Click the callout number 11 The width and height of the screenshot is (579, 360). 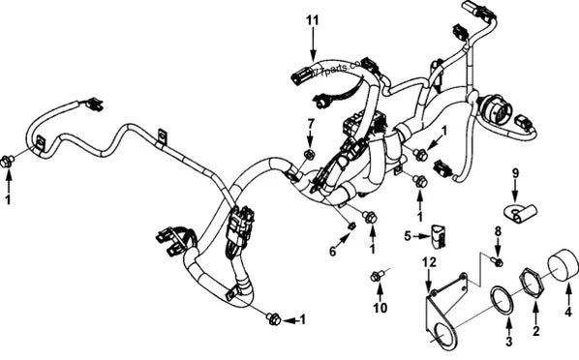pyautogui.click(x=312, y=19)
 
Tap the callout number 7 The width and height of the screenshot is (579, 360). pyautogui.click(x=310, y=124)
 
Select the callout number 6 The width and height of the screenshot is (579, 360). pyautogui.click(x=332, y=253)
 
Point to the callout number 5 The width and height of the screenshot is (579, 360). pyautogui.click(x=410, y=234)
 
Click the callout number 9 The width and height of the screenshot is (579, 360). pyautogui.click(x=516, y=173)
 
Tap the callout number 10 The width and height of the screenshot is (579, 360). pyautogui.click(x=379, y=309)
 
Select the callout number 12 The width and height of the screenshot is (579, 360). pyautogui.click(x=430, y=262)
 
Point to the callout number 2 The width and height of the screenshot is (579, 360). pyautogui.click(x=533, y=332)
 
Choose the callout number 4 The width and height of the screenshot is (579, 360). pyautogui.click(x=568, y=312)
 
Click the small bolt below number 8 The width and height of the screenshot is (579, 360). pyautogui.click(x=498, y=261)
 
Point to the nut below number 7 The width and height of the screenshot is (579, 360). pyautogui.click(x=309, y=155)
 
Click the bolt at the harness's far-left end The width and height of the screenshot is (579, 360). pyautogui.click(x=9, y=162)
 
